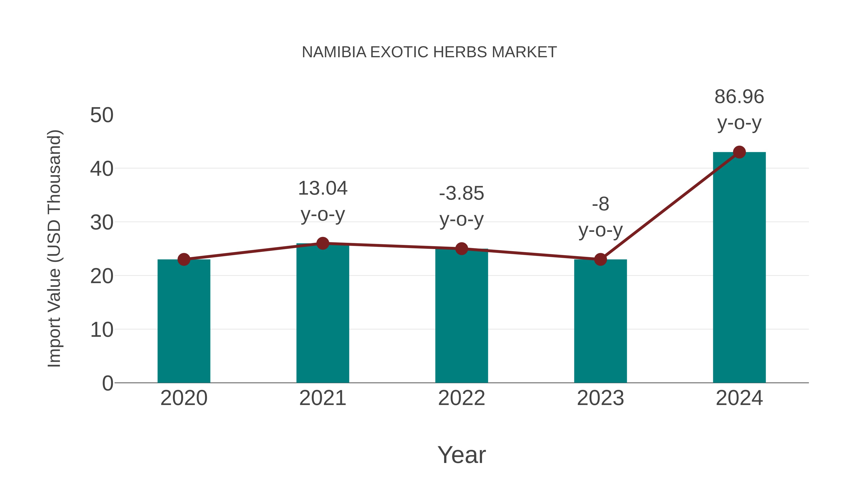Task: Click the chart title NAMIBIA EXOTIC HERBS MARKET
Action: click(429, 52)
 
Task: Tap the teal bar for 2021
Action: click(322, 313)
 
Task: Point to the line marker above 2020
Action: click(184, 259)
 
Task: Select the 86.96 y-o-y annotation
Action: click(739, 110)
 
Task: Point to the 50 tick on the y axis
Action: click(102, 115)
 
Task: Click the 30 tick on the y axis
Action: click(102, 223)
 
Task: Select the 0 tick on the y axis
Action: click(107, 383)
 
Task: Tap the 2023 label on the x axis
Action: click(600, 398)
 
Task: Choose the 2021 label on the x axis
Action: click(322, 398)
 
